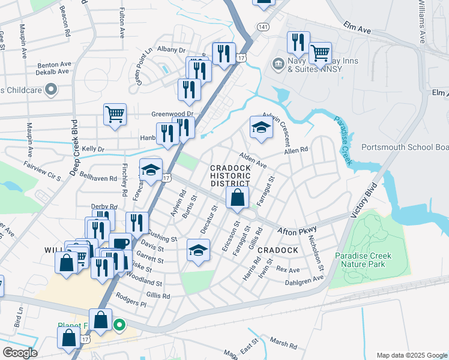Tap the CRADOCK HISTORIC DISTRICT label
[230, 175]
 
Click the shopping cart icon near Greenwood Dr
[115, 113]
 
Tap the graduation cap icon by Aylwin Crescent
[261, 128]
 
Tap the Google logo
[19, 352]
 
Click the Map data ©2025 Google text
[411, 355]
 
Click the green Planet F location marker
[119, 326]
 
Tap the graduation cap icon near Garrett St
[198, 250]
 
